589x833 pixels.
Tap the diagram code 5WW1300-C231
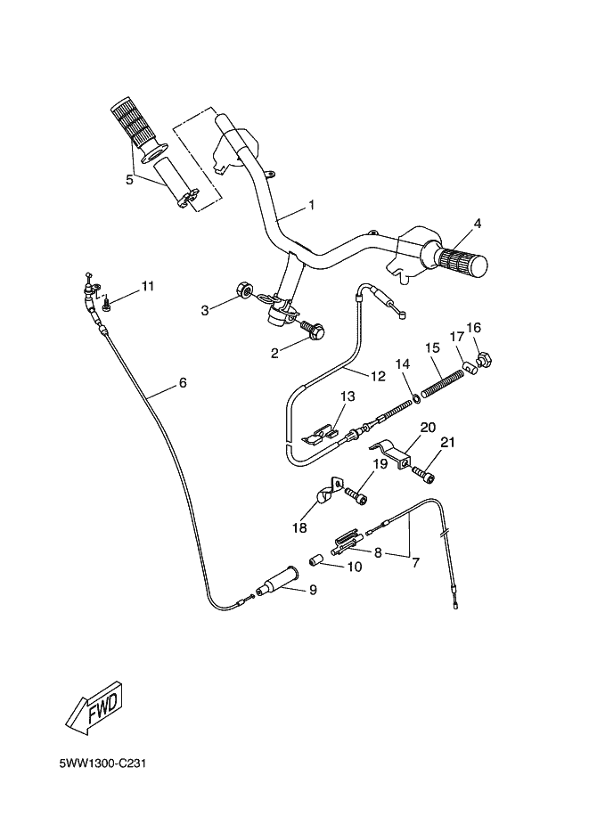102,764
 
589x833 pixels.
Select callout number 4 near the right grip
478,224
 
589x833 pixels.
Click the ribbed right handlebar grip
462,261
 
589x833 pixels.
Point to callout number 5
129,180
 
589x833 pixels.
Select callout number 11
147,286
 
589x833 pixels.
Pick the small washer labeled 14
417,398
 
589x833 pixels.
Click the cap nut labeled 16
486,360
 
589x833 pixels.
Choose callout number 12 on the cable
378,376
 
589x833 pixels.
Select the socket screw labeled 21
424,474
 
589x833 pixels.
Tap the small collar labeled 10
317,560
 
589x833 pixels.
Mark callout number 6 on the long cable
183,382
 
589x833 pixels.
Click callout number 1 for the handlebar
312,205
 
